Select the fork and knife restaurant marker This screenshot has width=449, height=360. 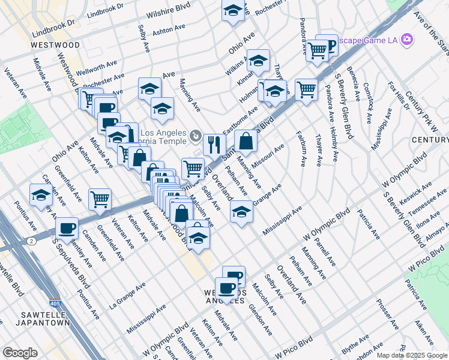pos(214,143)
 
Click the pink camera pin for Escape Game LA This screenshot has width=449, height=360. pos(407,40)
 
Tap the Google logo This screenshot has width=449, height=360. pos(20,353)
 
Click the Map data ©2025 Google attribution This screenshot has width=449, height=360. pos(412,355)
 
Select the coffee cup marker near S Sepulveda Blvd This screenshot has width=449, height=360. pos(67,228)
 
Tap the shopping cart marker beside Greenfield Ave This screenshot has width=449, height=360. pos(100,199)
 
